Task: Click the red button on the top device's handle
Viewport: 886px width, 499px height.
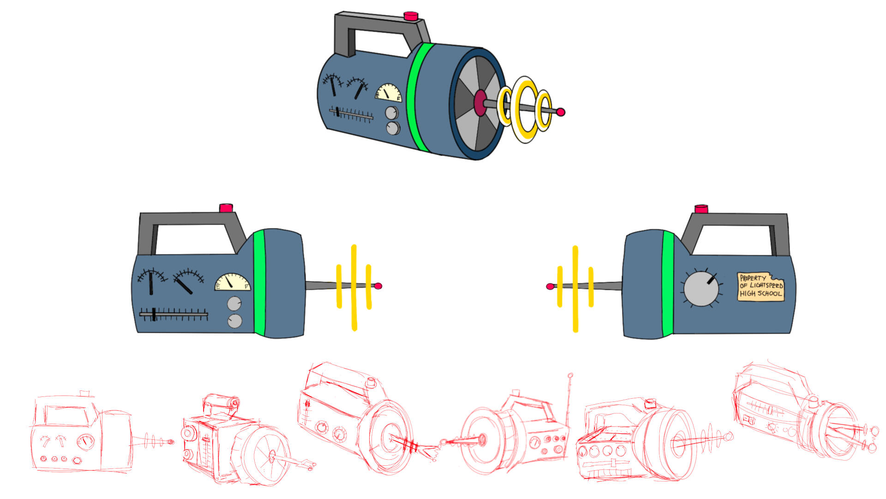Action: coord(411,16)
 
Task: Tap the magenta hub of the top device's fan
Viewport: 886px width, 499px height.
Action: coord(480,103)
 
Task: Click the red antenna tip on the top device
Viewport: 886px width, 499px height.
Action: coord(561,112)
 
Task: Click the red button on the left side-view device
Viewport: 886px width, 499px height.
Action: coord(226,207)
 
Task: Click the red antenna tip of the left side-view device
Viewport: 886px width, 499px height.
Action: coord(378,286)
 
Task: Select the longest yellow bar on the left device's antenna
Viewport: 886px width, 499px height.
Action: coord(354,287)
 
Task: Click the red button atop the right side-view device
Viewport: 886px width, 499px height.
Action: coord(701,209)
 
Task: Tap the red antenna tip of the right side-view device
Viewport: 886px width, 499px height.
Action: coord(550,286)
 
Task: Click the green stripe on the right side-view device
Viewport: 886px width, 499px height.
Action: coord(668,283)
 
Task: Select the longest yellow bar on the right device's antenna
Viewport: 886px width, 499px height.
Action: coord(575,289)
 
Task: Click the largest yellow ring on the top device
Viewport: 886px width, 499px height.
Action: coord(526,110)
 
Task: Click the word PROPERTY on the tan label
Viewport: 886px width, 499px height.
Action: coord(753,278)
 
